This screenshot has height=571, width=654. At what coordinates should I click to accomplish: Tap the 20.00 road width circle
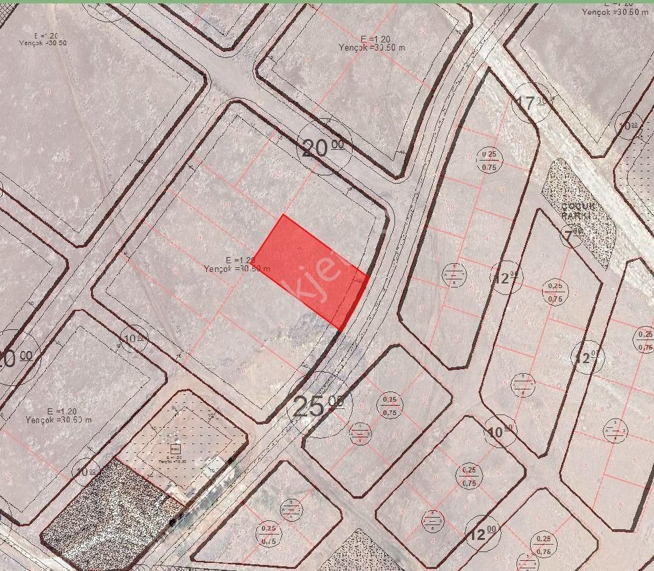pyautogui.click(x=322, y=147)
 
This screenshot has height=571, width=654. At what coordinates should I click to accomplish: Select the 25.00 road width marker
pyautogui.click(x=316, y=406)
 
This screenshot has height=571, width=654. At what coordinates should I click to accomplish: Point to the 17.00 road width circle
pyautogui.click(x=533, y=103)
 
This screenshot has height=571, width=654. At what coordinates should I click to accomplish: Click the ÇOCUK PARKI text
pyautogui.click(x=576, y=210)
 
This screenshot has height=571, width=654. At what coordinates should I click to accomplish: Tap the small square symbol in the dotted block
pyautogui.click(x=175, y=448)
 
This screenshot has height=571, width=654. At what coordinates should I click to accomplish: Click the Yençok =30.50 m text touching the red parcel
pyautogui.click(x=237, y=269)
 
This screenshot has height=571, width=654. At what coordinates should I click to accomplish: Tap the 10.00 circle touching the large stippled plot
pyautogui.click(x=86, y=471)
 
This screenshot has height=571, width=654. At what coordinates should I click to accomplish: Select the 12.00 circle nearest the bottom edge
pyautogui.click(x=483, y=535)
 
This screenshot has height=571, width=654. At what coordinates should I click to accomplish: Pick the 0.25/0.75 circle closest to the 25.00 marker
pyautogui.click(x=389, y=405)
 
